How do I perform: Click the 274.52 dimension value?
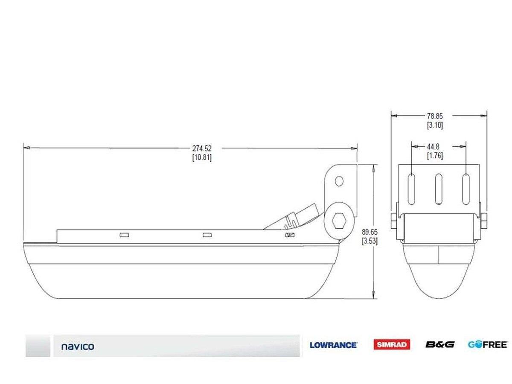click(202, 148)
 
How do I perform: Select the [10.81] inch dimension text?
click(202, 157)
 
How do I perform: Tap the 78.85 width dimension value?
click(435, 116)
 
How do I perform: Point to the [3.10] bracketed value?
click(435, 125)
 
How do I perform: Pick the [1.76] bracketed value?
click(435, 156)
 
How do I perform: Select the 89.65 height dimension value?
click(369, 232)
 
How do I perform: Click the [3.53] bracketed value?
click(369, 241)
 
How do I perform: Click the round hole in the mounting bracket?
click(339, 181)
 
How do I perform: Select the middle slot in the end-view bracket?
click(438, 189)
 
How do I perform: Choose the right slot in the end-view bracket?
click(466, 189)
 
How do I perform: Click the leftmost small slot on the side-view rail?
click(124, 235)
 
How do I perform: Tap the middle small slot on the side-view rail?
click(207, 235)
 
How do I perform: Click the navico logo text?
click(78, 346)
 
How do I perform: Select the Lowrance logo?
click(333, 345)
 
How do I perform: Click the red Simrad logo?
click(392, 345)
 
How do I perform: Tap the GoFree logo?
click(487, 344)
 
